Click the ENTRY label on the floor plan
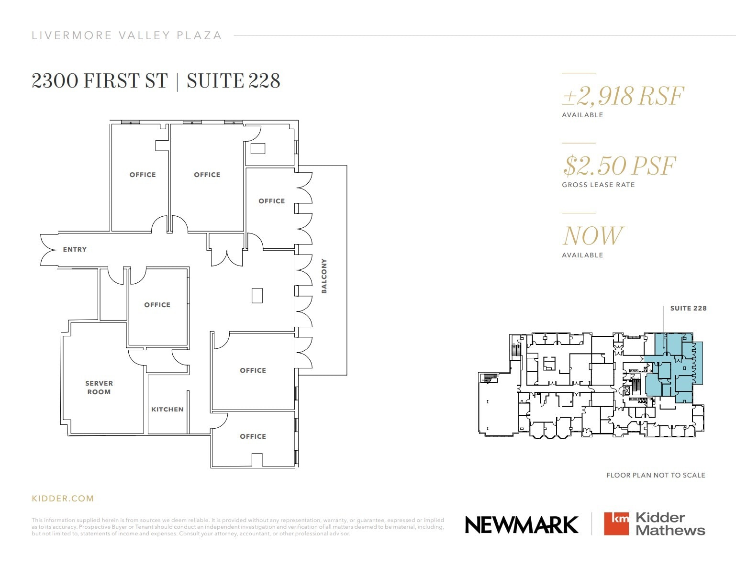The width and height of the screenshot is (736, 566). pos(75,249)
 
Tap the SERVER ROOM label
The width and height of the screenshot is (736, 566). pos(99,388)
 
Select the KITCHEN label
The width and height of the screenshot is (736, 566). pos(167,410)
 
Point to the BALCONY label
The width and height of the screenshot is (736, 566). pos(324,276)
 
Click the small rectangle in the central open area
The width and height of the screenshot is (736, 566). pos(257,295)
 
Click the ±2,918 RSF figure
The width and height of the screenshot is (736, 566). pos(623,96)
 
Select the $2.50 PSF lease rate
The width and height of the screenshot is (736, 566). pos(619,166)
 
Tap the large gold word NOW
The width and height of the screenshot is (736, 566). pos(592,236)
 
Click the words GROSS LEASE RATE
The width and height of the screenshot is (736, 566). pos(598,185)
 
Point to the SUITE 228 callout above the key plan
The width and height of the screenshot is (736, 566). pos(688,308)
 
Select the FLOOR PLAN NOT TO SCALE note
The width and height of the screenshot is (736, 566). pos(656,475)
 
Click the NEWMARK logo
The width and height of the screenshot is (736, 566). pos(522,524)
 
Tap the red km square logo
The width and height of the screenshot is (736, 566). pos(616,524)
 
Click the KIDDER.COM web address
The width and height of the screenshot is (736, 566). pos(63,499)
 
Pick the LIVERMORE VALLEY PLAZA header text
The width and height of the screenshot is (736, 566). pos(127,35)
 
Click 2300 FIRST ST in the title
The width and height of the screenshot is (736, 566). pos(100,81)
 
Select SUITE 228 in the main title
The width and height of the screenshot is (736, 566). pos(233,81)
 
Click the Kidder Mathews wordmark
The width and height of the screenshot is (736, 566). pos(670,524)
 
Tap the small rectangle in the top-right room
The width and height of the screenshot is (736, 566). pos(258,148)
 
